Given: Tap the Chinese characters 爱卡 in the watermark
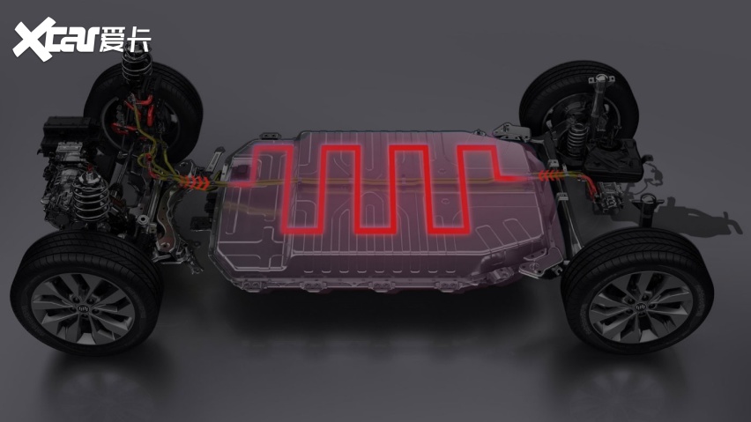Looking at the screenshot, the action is click(x=125, y=39).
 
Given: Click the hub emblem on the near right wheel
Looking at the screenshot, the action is click(x=640, y=307).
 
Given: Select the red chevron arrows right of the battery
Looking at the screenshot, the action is click(x=549, y=175).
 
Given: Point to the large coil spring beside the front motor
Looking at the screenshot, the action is click(x=90, y=196).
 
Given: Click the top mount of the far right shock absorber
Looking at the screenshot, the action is click(x=602, y=80).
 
